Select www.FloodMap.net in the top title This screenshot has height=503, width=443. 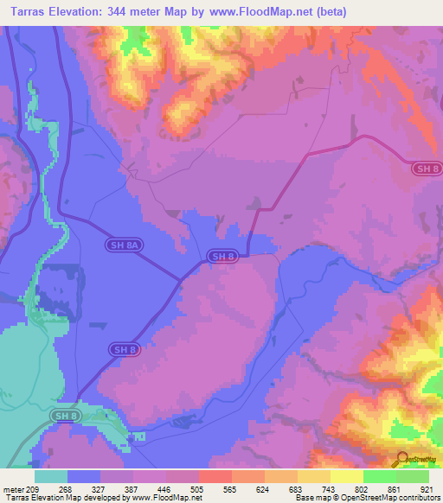click(292, 12)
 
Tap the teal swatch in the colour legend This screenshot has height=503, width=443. click(51, 476)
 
